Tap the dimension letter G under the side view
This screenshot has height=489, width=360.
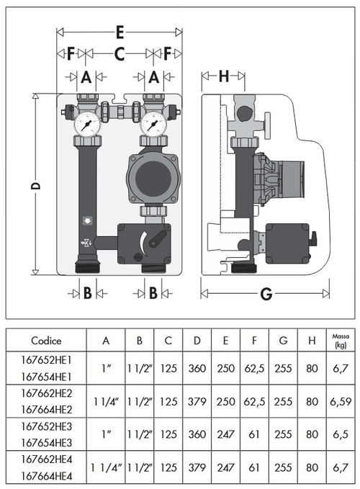click(266, 294)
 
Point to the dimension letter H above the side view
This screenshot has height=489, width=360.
click(223, 76)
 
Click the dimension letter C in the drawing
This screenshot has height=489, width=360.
click(120, 53)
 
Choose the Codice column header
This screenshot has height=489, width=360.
click(46, 341)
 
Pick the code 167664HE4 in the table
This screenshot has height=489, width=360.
click(46, 477)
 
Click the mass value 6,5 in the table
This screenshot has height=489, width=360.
click(340, 434)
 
